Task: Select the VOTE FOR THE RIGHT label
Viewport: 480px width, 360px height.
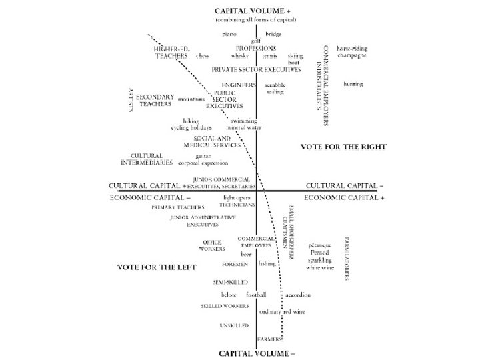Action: (343, 147)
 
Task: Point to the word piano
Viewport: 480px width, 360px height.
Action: (230, 33)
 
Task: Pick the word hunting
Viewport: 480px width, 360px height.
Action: (353, 85)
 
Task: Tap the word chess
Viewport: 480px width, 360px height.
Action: (203, 56)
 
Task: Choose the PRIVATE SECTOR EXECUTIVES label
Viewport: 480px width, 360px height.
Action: (256, 69)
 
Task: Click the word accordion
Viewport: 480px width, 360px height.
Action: (297, 295)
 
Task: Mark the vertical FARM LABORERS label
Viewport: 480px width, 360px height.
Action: (347, 259)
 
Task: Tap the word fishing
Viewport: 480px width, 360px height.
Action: (267, 264)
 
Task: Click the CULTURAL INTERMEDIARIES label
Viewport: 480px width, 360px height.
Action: (151, 159)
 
